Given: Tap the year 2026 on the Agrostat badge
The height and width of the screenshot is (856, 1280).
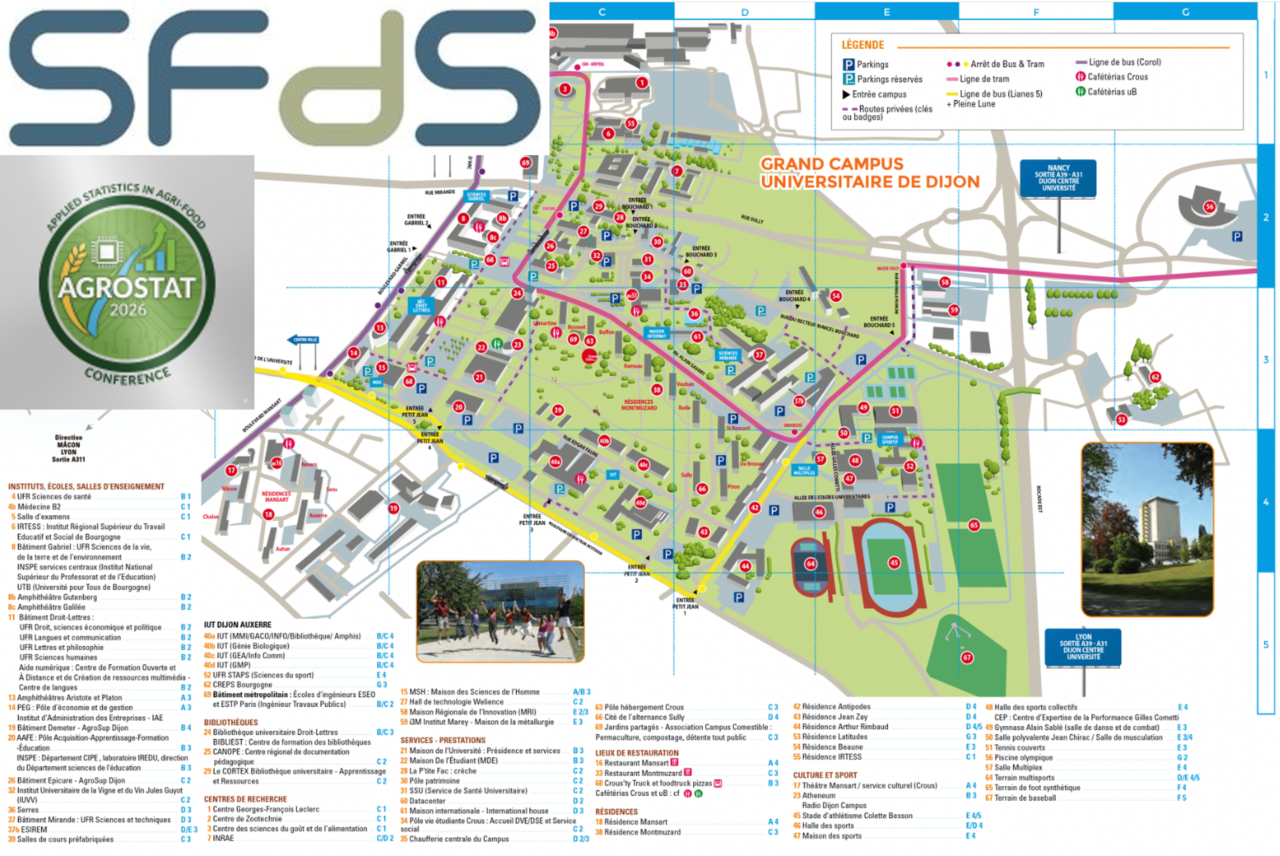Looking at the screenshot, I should point(128,310).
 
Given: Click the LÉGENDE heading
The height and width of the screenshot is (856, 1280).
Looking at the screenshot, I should point(862,45).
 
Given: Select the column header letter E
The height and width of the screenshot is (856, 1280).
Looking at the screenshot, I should point(886,11).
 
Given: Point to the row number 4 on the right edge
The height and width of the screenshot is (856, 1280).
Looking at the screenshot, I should point(1265,502).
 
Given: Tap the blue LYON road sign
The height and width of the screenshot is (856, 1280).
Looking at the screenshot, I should point(1083,647).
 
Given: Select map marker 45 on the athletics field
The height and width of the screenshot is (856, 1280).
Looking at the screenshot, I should point(894,562).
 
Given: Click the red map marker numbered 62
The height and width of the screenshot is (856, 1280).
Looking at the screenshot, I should point(1155,377).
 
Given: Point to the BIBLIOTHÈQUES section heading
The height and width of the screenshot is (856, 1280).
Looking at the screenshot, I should point(231,722).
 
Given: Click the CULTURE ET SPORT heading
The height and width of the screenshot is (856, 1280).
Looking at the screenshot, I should point(825,775).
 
